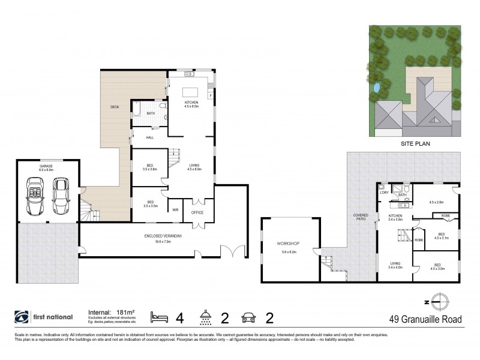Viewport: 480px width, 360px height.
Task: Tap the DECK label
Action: coord(115,107)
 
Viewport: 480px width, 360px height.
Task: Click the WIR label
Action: coord(176,209)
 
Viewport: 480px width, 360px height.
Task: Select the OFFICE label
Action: coord(198,212)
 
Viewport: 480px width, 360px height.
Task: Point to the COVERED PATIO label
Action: coord(361,217)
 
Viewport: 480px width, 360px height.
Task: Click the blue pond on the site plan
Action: coord(376,89)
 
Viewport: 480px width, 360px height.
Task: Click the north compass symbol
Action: coord(441,301)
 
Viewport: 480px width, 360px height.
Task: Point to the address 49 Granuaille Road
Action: coord(426,319)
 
